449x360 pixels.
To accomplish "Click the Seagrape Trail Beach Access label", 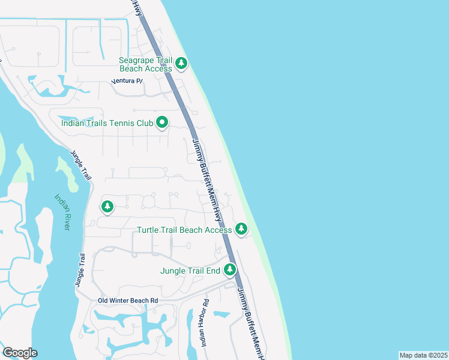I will click(x=145, y=64).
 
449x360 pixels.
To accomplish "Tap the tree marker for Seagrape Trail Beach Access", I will click(x=181, y=62).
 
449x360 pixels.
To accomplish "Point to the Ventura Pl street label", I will click(x=127, y=81).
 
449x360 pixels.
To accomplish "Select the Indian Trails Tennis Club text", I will click(x=107, y=124).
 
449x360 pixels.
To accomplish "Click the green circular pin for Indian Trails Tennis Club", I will click(x=162, y=123).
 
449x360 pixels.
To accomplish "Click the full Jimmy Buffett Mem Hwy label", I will click(x=208, y=179).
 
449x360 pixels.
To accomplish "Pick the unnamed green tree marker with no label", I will click(x=107, y=207).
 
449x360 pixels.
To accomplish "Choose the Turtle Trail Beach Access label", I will click(x=184, y=230).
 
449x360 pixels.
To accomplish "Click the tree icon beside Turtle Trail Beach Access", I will click(x=241, y=229).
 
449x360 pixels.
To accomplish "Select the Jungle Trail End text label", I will click(x=190, y=271).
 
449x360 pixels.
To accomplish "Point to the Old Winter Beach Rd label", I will click(x=128, y=300).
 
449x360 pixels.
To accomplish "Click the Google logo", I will click(x=20, y=353).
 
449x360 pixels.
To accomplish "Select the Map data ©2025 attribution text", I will click(x=423, y=355).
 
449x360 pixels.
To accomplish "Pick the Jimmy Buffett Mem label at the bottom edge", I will click(x=250, y=325).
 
